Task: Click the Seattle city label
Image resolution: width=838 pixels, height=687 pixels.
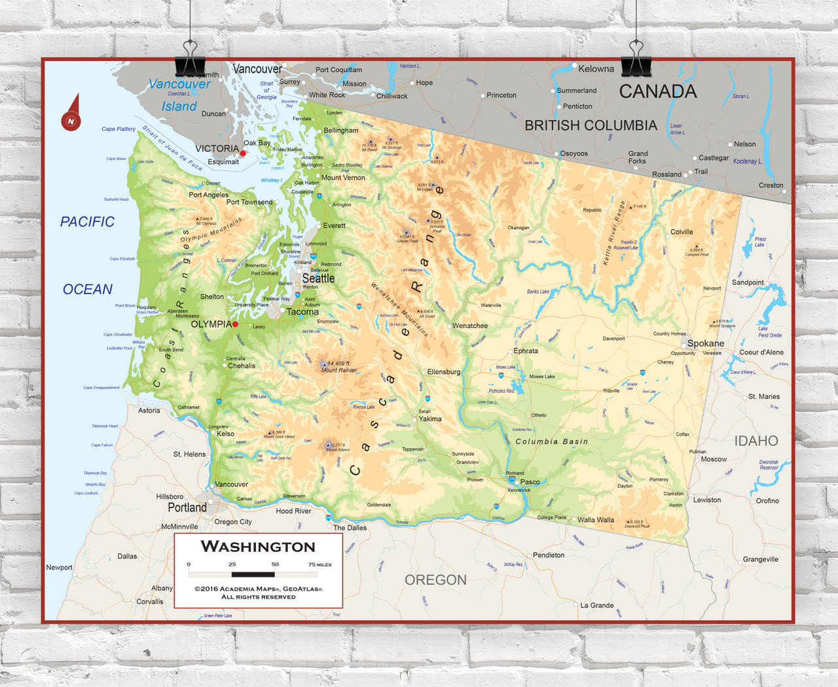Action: coord(318,278)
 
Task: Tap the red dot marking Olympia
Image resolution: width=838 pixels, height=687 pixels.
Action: coord(235,324)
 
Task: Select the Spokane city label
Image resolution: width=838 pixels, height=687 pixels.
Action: coord(705,343)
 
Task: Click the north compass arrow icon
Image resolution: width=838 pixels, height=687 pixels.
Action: coord(71,114)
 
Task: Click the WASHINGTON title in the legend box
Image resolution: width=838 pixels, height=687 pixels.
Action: coord(258,546)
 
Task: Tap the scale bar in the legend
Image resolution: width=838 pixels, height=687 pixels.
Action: coord(253,574)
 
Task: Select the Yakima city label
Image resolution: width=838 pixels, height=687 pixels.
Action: coord(430,418)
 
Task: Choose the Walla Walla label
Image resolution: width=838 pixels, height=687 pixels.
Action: coord(596,520)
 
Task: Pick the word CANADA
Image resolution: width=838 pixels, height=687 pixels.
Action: coord(658,92)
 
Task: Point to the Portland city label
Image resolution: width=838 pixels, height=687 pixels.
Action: coord(187,508)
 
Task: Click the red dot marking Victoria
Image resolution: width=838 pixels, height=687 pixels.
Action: coord(243,153)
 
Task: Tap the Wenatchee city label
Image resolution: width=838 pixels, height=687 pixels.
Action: coord(470,325)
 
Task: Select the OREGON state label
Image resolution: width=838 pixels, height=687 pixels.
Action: coord(435,580)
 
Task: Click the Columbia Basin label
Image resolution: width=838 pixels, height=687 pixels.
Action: coord(551,441)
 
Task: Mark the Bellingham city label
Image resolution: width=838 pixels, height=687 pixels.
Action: coord(341,130)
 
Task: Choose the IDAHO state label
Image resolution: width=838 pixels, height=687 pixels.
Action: coord(756,441)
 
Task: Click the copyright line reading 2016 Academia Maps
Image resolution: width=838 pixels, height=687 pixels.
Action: coord(258,589)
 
